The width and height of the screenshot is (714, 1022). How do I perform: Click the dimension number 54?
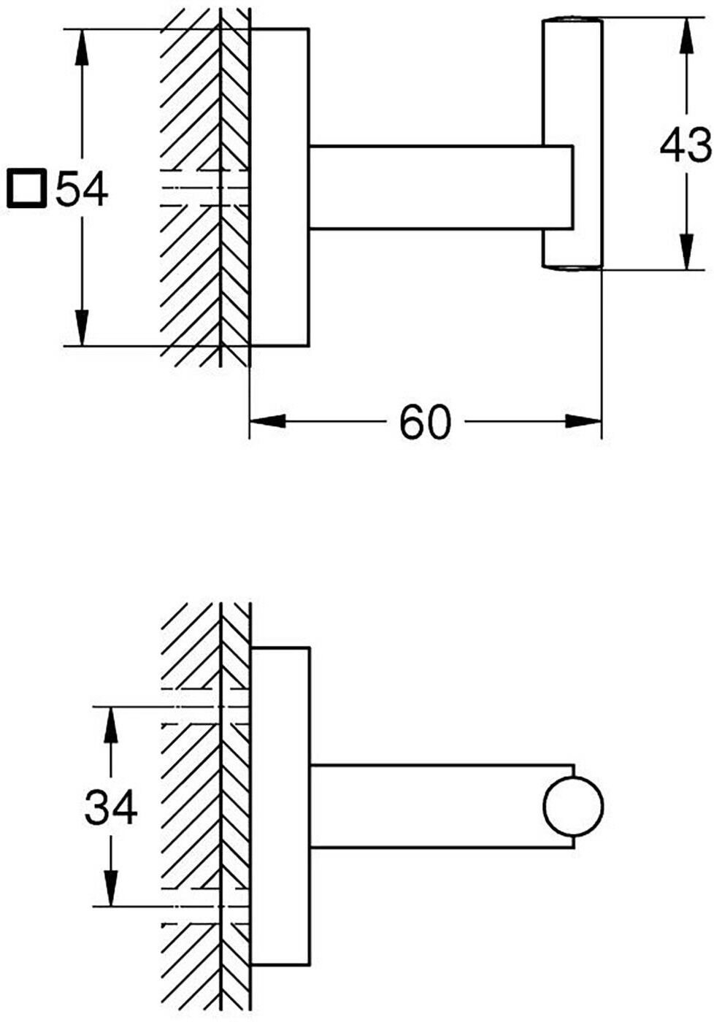click(x=81, y=188)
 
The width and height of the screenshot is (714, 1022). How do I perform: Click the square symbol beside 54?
click(x=28, y=188)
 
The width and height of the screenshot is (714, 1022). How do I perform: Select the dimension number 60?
click(x=425, y=422)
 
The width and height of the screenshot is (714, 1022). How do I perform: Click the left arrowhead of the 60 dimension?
click(x=268, y=420)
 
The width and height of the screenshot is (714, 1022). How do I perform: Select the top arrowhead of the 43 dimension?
click(x=686, y=36)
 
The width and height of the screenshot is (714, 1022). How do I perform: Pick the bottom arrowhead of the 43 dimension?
click(x=686, y=251)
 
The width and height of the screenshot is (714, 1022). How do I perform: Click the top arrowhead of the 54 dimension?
click(x=81, y=47)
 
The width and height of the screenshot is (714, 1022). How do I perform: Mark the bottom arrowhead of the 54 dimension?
click(x=81, y=328)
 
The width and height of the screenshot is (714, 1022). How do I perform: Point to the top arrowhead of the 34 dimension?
click(x=111, y=724)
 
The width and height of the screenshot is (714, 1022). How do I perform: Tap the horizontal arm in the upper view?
click(x=441, y=187)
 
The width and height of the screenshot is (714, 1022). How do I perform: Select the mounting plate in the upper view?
click(x=280, y=187)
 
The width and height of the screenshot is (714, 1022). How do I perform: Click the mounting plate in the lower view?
click(x=280, y=806)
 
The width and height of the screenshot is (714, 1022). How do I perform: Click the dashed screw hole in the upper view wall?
click(x=204, y=188)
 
